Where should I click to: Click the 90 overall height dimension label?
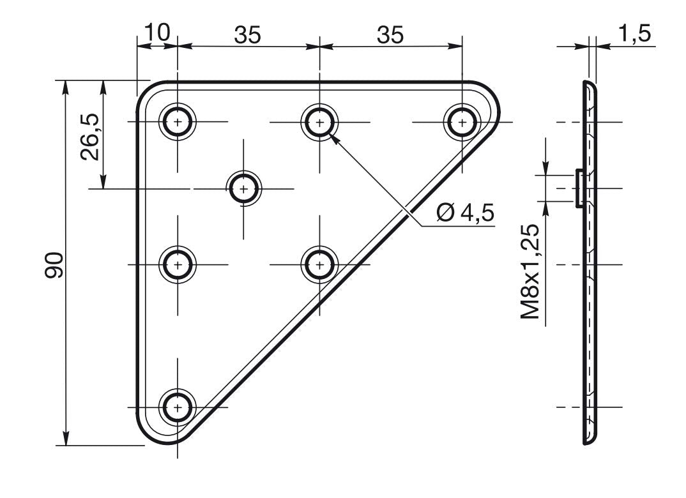click(x=54, y=265)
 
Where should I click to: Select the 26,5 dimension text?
click(x=89, y=137)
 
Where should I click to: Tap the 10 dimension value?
click(x=156, y=33)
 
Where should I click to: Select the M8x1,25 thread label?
click(x=530, y=271)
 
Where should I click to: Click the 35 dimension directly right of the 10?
click(x=248, y=35)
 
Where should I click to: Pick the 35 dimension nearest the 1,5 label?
click(x=390, y=35)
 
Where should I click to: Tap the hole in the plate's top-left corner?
click(x=178, y=122)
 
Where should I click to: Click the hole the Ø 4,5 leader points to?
click(x=320, y=122)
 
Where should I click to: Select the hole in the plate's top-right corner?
click(x=462, y=122)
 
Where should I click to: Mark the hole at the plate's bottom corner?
click(x=178, y=407)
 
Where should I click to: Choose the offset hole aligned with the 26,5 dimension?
click(x=244, y=189)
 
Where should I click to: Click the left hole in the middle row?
click(x=178, y=264)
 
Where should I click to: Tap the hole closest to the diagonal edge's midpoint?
click(x=320, y=264)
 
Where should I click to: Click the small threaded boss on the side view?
click(x=579, y=189)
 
